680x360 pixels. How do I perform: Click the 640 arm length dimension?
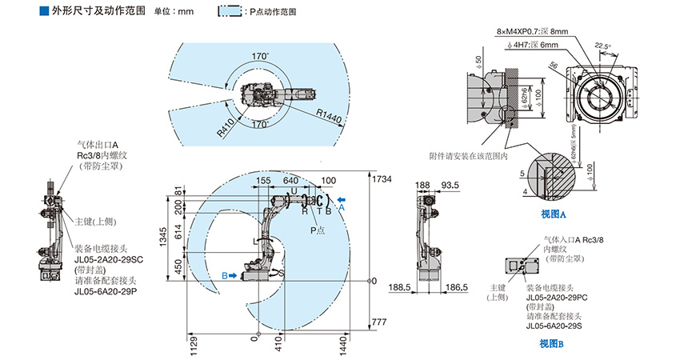290,181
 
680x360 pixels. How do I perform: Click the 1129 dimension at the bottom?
193,345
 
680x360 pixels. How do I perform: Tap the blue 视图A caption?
553,215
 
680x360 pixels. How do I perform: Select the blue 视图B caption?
551,344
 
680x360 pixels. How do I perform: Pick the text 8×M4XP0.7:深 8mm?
532,31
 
